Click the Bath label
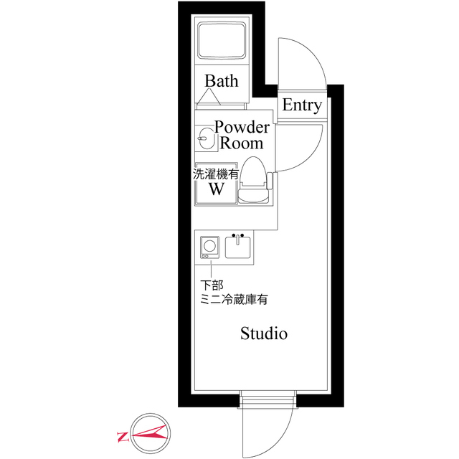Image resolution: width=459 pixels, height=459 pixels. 221,80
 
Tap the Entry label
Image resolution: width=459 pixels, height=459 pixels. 301,105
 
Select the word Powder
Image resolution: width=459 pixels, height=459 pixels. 242,128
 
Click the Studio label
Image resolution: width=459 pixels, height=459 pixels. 264,333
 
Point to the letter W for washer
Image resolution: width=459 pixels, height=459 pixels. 216,190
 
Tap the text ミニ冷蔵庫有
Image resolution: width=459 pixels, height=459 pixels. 234,300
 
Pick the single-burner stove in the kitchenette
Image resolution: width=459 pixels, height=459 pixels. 209,247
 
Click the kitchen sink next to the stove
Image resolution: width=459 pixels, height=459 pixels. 238,247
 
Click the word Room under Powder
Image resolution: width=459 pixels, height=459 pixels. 241,143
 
